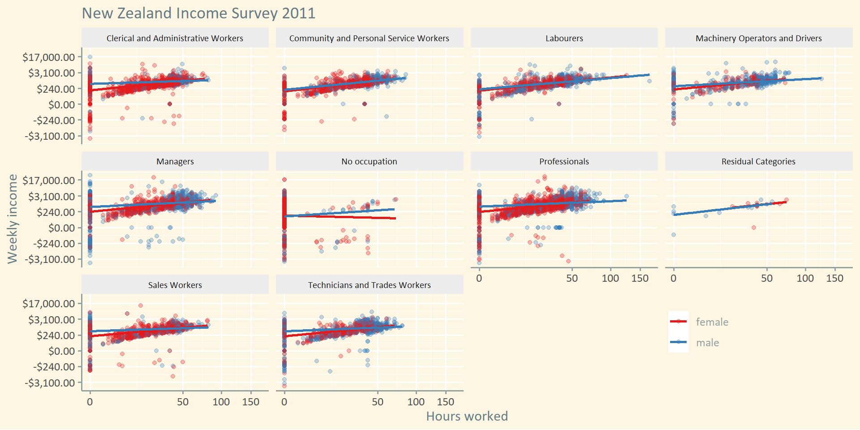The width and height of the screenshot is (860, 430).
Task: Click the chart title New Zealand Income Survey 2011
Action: [198, 13]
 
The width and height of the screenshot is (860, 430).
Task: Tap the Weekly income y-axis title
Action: [13, 219]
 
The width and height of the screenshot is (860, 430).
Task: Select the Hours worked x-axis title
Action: [467, 416]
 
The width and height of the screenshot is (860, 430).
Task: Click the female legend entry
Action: [712, 322]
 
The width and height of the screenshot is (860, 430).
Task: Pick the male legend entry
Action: [707, 343]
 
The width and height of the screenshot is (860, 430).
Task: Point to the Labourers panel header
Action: [564, 39]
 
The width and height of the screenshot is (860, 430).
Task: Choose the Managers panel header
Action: [175, 162]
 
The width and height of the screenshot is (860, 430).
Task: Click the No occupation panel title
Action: [369, 162]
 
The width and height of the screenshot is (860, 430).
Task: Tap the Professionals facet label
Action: [564, 162]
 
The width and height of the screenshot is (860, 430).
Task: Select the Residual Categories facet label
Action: [758, 162]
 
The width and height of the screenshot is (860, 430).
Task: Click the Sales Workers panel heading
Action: [175, 285]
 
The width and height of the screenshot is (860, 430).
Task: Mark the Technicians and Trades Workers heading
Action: [369, 285]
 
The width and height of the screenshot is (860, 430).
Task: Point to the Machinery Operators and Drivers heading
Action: [758, 39]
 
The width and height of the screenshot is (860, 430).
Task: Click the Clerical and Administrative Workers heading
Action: [175, 39]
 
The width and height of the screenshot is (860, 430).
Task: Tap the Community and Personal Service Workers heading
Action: [369, 39]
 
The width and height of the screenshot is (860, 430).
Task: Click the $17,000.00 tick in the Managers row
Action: [49, 181]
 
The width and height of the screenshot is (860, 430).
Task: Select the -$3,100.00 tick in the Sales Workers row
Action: [50, 383]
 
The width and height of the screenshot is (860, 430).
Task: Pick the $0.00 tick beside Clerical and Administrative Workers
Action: [61, 105]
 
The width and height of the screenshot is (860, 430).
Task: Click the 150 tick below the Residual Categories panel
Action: [834, 278]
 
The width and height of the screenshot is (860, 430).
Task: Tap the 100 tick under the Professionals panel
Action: [610, 278]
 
